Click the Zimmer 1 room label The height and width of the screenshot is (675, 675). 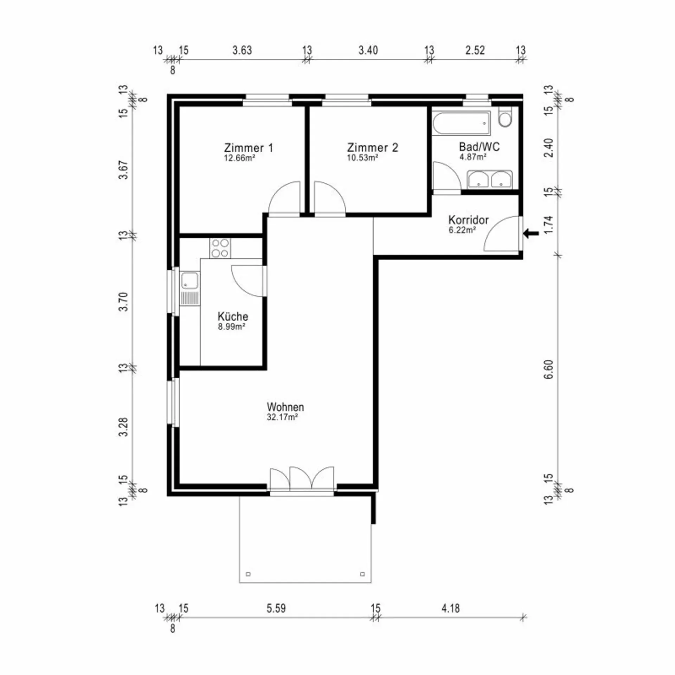coord(248,148)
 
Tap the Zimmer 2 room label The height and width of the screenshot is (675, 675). coord(372,148)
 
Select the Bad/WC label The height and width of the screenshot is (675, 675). coord(479,147)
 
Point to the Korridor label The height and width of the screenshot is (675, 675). coord(468,220)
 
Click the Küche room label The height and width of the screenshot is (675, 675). coord(233,316)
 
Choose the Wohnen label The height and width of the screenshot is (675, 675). coord(285,407)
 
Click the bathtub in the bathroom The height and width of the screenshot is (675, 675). coord(461,123)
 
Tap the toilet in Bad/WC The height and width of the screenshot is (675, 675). coord(506,117)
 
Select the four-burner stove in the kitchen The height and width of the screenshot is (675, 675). coord(220,248)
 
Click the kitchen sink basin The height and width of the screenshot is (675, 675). coord(189,281)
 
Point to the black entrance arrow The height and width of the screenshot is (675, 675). coord(531,233)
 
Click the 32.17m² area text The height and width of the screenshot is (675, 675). coord(282,418)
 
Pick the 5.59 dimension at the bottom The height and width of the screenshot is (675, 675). coord(276,608)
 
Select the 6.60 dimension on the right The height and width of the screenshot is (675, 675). coord(548,369)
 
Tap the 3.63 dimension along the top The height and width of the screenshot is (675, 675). coord(242,50)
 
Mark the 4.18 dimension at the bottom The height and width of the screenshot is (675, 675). coord(450,608)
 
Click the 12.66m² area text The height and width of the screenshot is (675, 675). coord(239,158)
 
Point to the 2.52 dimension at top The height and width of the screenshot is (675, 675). coord(475,50)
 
